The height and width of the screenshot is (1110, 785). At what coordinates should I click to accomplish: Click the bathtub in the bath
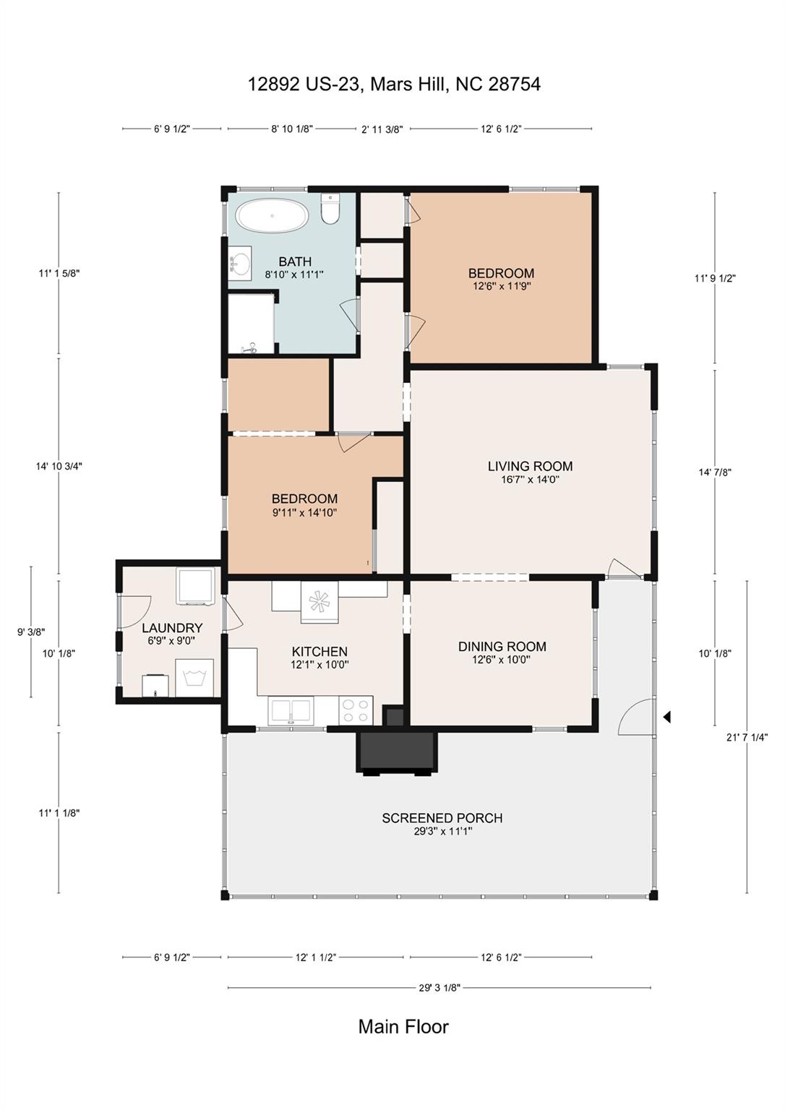tap(272, 216)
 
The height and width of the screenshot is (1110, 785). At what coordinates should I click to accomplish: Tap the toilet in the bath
tap(330, 209)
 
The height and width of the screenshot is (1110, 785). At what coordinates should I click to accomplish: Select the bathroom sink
tap(240, 260)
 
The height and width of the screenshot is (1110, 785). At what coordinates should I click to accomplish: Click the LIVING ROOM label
tap(530, 466)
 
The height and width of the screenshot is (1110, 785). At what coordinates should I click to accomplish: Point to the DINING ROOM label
tap(502, 647)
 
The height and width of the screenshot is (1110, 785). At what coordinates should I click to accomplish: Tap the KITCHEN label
tap(319, 652)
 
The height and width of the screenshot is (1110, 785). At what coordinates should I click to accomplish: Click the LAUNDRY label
tap(172, 628)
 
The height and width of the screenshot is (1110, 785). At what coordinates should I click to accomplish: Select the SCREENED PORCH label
tap(442, 818)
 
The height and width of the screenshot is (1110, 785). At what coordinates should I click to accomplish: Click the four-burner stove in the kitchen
tap(356, 710)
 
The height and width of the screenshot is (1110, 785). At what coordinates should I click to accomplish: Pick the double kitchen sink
tap(291, 711)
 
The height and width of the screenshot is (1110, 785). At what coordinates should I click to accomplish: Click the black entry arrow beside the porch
tap(667, 717)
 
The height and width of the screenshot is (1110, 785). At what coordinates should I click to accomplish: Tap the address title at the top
tap(394, 85)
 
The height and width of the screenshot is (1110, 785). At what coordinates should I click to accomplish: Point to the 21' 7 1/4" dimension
tap(747, 737)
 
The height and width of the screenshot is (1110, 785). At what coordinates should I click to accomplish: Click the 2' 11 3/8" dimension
tap(382, 129)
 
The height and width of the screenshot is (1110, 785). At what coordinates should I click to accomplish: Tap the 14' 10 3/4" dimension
tap(59, 466)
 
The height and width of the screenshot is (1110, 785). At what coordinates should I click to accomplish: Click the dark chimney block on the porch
tap(397, 752)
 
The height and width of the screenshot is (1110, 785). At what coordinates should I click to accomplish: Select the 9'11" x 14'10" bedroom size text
tap(304, 512)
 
